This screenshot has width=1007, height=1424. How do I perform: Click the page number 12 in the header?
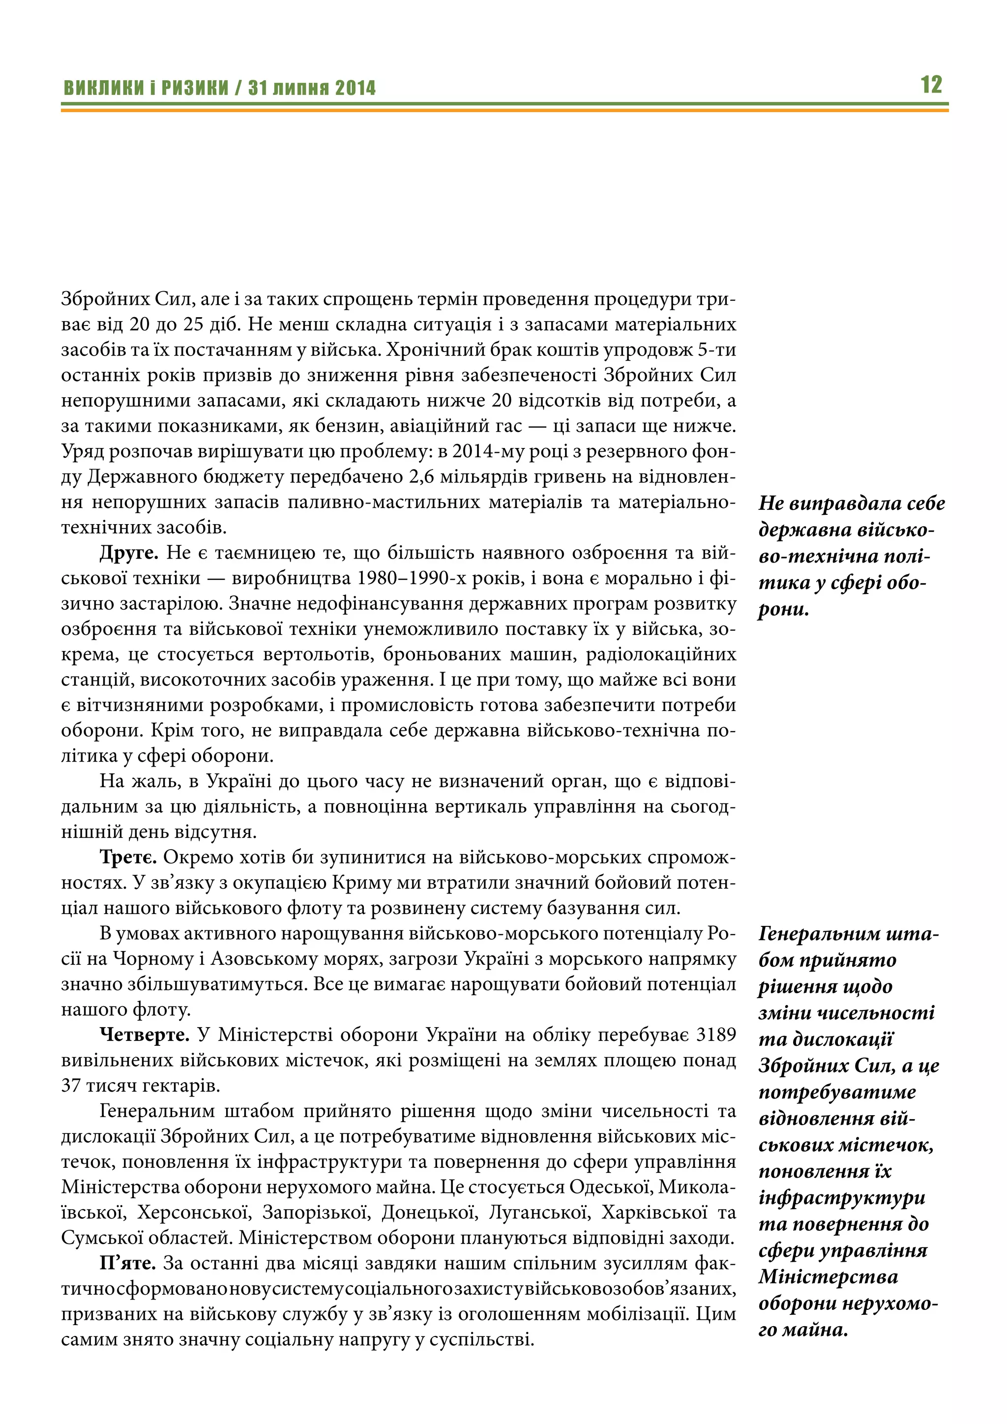click(931, 85)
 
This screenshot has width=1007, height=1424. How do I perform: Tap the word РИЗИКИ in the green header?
click(195, 88)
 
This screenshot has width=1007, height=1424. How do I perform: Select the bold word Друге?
click(129, 553)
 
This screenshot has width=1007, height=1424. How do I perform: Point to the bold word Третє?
click(128, 857)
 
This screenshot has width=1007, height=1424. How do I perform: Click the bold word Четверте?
click(145, 1035)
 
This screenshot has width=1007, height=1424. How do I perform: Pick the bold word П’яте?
click(128, 1263)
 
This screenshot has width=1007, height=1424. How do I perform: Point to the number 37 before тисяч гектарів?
click(71, 1085)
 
